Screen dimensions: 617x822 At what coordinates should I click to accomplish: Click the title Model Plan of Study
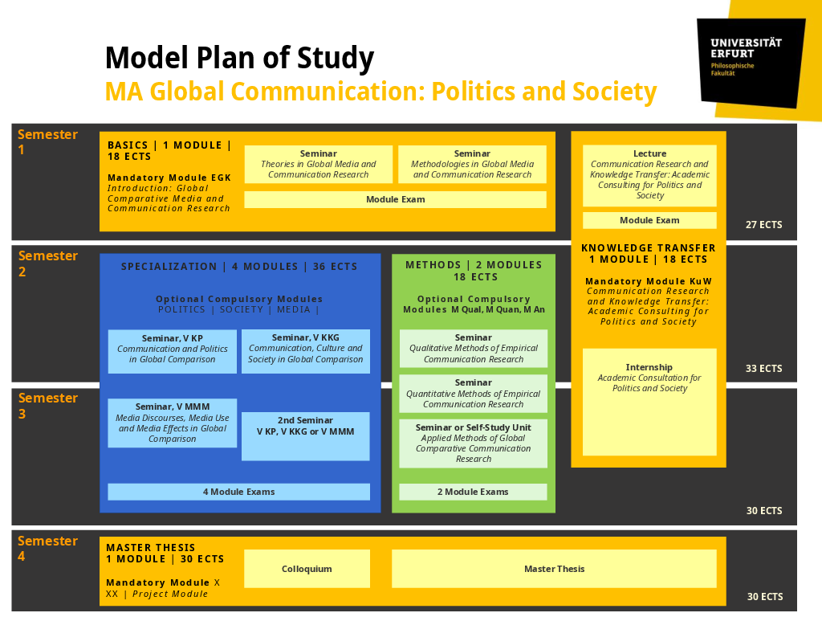(x=239, y=59)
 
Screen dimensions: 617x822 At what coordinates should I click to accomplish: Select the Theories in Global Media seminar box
(x=318, y=164)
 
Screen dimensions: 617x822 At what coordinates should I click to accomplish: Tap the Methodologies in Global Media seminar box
(x=472, y=164)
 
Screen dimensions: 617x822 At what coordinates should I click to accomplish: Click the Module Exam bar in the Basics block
(x=395, y=199)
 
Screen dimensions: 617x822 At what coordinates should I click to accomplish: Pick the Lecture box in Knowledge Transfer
(x=649, y=174)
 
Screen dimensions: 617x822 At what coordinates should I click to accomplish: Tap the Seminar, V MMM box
(x=173, y=423)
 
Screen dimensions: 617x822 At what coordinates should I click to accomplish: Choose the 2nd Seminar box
(x=305, y=435)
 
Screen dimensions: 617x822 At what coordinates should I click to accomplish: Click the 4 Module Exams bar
(x=238, y=492)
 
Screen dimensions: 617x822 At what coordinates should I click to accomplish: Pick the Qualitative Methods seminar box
(x=473, y=349)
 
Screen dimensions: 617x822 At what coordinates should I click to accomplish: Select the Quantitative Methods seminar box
(x=473, y=394)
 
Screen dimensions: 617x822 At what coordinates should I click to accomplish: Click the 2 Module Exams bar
(x=473, y=492)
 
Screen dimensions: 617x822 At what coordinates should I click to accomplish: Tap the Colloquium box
(x=307, y=569)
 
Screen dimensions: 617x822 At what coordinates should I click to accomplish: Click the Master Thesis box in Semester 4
(x=554, y=569)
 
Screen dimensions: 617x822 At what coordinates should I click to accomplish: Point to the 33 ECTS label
(x=763, y=369)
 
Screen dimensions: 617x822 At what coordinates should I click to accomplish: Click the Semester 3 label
(x=47, y=406)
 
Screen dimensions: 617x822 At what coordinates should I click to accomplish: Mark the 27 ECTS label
(x=763, y=225)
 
